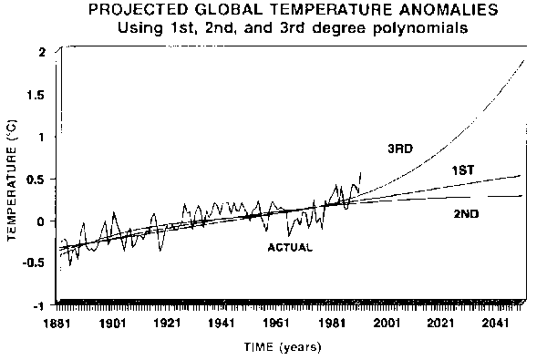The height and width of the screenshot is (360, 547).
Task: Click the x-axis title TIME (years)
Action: pyautogui.click(x=283, y=347)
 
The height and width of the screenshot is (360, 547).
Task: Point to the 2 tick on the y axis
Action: pyautogui.click(x=43, y=52)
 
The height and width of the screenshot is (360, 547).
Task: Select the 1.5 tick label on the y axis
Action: pyautogui.click(x=38, y=95)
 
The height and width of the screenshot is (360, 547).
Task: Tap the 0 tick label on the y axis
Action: pyautogui.click(x=43, y=221)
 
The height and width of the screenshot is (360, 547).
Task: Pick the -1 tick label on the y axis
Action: pyautogui.click(x=40, y=305)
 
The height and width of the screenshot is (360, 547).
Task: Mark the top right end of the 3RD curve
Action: pyautogui.click(x=523, y=60)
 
